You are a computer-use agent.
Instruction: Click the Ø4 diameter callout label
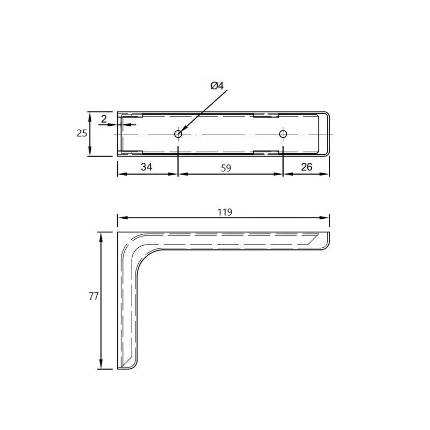click(x=217, y=86)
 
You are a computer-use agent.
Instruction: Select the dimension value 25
click(x=82, y=133)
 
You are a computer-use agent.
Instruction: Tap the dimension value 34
click(x=146, y=167)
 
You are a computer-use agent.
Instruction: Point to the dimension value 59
click(x=226, y=168)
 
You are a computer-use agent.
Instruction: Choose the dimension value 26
click(x=306, y=167)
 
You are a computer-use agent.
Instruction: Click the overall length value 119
click(x=225, y=212)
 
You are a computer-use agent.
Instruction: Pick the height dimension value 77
click(x=94, y=296)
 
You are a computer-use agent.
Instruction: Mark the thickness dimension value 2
click(x=104, y=119)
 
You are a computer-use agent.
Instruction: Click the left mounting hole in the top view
click(x=178, y=134)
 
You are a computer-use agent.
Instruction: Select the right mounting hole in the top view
click(x=283, y=134)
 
